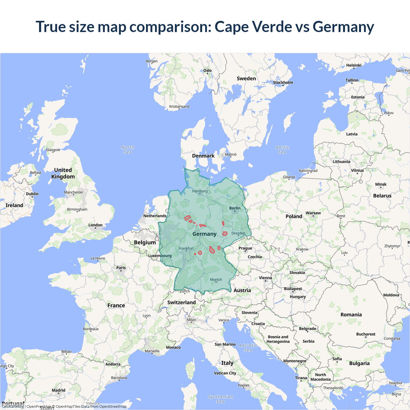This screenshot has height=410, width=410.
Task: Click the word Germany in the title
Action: point(343,27)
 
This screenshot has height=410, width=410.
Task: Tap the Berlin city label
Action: point(235,208)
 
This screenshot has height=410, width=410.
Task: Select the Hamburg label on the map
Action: point(200,191)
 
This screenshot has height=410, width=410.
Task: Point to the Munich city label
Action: point(216,280)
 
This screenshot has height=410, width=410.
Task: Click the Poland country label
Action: point(294,217)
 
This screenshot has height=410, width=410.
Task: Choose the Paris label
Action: point(121,268)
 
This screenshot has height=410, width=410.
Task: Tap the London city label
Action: point(95,225)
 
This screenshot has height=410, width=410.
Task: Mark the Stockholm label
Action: point(283,83)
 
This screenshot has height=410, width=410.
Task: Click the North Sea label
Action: point(128,150)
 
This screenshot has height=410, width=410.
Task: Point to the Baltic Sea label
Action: point(282,150)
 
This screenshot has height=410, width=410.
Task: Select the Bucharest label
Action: point(365,334)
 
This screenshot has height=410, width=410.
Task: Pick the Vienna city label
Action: point(265,278)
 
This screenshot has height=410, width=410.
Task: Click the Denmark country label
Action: point(203,156)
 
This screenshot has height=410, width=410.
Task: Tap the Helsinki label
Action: point(354,65)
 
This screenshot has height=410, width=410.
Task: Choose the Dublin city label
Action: point(32,194)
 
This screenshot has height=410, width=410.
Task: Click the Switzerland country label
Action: point(181,302)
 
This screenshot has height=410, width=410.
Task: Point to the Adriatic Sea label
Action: point(248,348)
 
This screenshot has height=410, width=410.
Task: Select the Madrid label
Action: point(59,390)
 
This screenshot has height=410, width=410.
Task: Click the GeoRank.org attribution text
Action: point(13,406)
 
